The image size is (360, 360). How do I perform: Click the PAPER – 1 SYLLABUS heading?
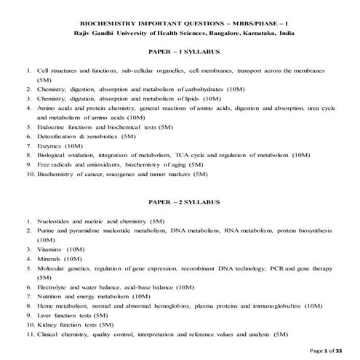(x=180, y=52)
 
